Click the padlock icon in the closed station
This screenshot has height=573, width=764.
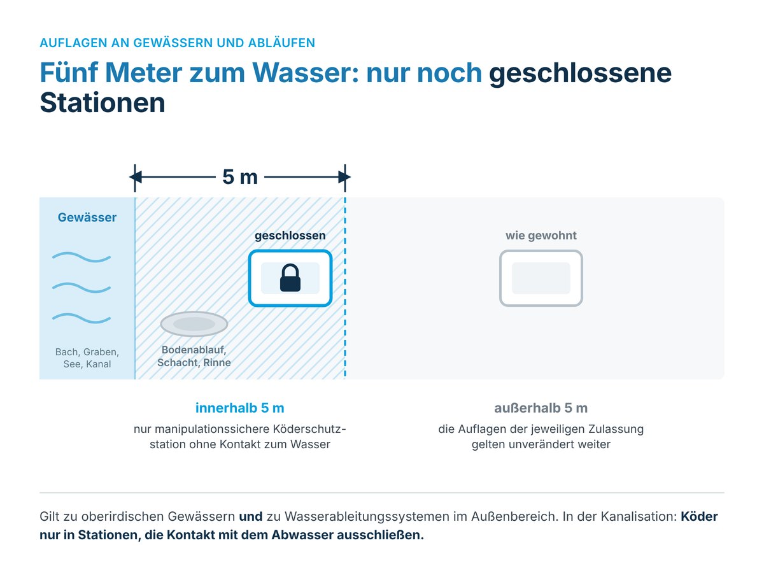coord(290,278)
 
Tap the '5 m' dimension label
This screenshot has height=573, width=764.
coord(240,177)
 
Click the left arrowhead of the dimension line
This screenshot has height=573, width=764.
coord(136,177)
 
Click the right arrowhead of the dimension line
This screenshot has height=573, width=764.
coord(344,177)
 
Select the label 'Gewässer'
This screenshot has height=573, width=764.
coord(87,217)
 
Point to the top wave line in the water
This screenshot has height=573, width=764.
coord(81,257)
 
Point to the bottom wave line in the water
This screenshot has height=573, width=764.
coord(81,318)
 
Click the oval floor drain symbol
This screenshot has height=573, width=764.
coord(194,324)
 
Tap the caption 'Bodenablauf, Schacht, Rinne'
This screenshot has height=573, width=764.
coord(194,356)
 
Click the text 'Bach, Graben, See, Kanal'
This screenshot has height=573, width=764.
coord(87,358)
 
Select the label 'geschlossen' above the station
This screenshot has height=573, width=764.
coord(290,236)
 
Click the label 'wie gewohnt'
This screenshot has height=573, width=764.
coord(541,236)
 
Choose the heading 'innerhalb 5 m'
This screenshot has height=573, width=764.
coord(240,407)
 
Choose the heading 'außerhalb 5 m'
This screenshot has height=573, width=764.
coord(541,407)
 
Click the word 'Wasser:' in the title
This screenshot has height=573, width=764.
coord(305,73)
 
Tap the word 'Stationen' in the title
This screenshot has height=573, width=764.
coord(103,103)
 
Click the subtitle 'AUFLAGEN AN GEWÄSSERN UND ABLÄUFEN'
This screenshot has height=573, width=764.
coord(178,43)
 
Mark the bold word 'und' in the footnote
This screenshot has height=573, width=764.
coord(251,516)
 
